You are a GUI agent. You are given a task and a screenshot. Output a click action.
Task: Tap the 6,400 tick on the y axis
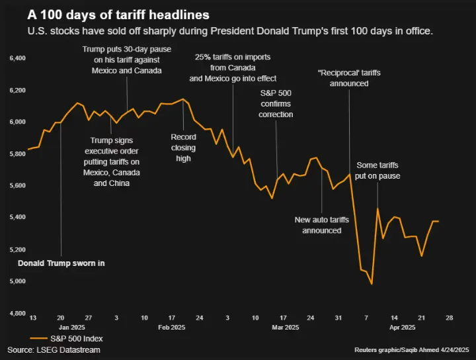16,59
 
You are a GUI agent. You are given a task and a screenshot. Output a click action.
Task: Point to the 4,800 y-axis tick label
16,313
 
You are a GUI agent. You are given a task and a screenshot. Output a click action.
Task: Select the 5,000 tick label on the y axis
16,281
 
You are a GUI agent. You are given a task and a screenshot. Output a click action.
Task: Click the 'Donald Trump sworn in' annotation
61,263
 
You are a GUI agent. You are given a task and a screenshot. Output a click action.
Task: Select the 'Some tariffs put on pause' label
378,170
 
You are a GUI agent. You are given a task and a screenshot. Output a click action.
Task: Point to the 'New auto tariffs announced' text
322,225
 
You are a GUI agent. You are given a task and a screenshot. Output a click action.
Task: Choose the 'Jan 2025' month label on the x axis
73,328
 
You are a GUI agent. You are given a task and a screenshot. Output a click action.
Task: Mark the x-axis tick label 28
449,318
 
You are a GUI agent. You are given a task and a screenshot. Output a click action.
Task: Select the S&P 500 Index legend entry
67,338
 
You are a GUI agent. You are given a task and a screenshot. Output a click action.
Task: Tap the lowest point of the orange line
372,284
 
